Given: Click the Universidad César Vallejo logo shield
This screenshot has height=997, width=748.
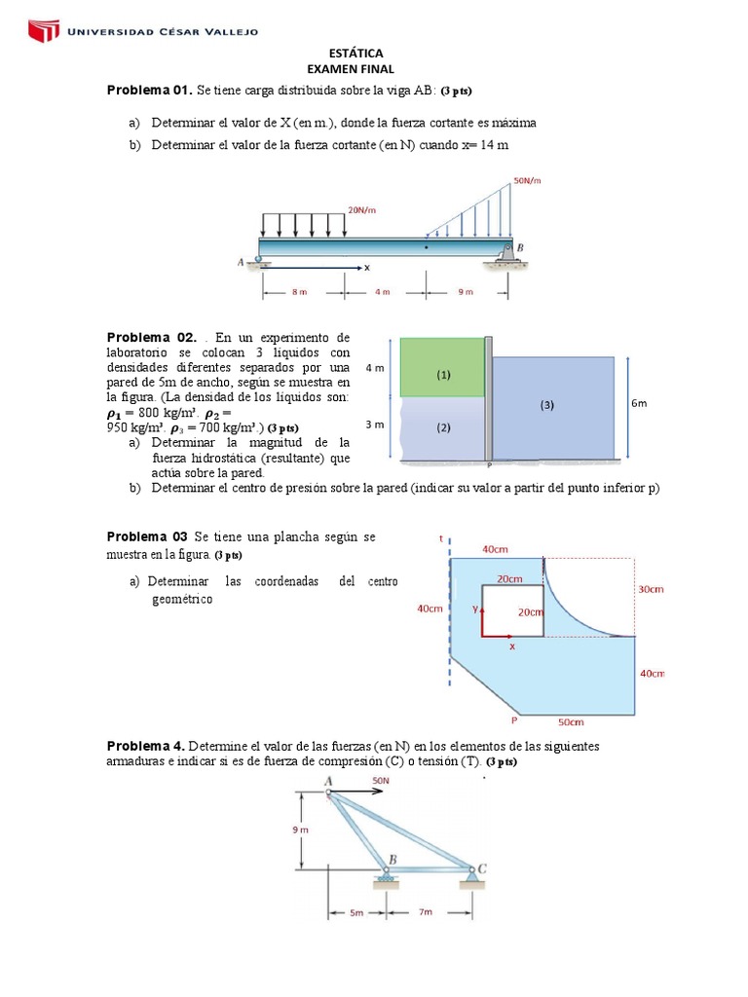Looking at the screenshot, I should pos(42,31).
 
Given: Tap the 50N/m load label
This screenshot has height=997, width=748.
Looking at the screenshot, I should pos(527,180).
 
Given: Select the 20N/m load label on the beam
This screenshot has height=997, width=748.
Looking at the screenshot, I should pos(361,209).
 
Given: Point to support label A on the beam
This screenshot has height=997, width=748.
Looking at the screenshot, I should pos(241,262).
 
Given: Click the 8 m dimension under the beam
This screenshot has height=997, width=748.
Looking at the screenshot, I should pos(300,291).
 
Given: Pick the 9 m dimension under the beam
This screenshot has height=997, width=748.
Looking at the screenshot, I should pos(465,291).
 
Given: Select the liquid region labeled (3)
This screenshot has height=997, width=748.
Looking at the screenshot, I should pos(547,406).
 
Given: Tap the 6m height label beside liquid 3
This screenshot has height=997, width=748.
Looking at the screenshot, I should pos(639,403).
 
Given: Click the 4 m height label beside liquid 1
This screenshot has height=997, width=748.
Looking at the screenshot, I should pos(374,369).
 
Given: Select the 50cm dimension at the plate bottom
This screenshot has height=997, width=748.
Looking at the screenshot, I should pos(571,722).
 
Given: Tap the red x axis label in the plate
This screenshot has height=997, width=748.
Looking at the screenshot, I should pos(512,646).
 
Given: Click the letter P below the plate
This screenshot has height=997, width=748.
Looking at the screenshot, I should pos(513,721).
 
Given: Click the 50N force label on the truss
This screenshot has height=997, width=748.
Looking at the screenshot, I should pos(382,781).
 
